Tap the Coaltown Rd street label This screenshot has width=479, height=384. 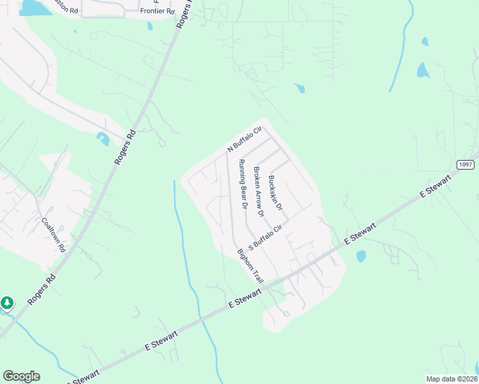click(x=54, y=234)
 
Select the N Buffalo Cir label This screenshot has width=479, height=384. click(x=245, y=140)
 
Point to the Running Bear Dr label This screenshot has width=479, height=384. click(x=243, y=184)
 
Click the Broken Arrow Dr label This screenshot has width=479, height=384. click(x=259, y=191)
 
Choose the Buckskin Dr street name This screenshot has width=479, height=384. click(x=275, y=193)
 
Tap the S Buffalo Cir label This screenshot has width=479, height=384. click(x=264, y=237)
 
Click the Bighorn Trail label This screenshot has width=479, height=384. click(x=250, y=266)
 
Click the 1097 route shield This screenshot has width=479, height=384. click(x=467, y=164)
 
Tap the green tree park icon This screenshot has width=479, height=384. click(x=7, y=302)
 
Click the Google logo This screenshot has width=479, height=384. click(x=21, y=376)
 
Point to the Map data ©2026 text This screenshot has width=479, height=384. click(x=451, y=379)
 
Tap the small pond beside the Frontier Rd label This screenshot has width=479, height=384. click(x=150, y=26)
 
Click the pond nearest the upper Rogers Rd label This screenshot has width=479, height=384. click(x=102, y=138)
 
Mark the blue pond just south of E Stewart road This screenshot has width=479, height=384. click(x=361, y=256)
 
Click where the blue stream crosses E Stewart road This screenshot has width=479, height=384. click(x=200, y=316)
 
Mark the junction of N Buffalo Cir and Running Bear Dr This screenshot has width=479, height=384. click(x=227, y=153)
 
